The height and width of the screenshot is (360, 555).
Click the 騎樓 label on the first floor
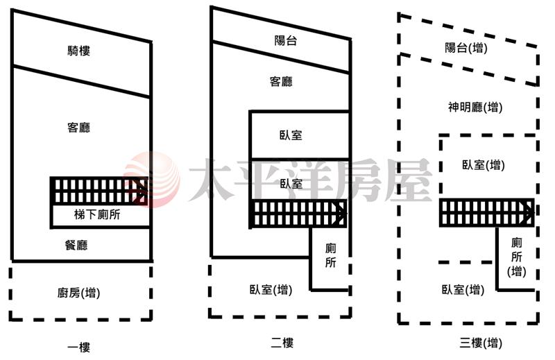(x=78, y=51)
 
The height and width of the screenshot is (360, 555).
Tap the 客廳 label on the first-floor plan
(x=78, y=128)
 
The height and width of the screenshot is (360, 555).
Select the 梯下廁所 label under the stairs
(x=97, y=214)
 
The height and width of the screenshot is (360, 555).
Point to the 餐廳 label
(x=76, y=245)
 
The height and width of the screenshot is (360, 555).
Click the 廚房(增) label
(x=78, y=293)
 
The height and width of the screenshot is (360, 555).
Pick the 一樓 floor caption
(x=78, y=347)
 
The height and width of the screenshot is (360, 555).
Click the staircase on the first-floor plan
(x=99, y=191)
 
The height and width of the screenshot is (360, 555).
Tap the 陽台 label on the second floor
(x=285, y=40)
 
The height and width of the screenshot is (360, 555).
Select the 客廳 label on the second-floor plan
(x=281, y=82)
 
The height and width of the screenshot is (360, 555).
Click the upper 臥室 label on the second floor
(x=291, y=135)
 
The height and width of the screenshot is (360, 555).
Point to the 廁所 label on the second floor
(x=331, y=255)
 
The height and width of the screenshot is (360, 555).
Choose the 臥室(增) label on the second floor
(x=271, y=290)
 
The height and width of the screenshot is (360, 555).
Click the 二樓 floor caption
(x=282, y=343)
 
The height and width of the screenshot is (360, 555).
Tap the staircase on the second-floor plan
(x=298, y=214)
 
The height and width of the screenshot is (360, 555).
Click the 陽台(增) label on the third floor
(x=466, y=47)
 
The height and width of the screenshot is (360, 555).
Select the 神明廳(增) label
(x=475, y=107)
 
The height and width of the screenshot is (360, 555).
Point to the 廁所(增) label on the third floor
(x=516, y=257)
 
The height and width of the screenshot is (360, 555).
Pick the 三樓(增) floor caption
(x=481, y=343)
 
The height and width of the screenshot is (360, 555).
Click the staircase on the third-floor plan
(x=487, y=212)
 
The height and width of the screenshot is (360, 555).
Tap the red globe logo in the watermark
(x=152, y=180)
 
